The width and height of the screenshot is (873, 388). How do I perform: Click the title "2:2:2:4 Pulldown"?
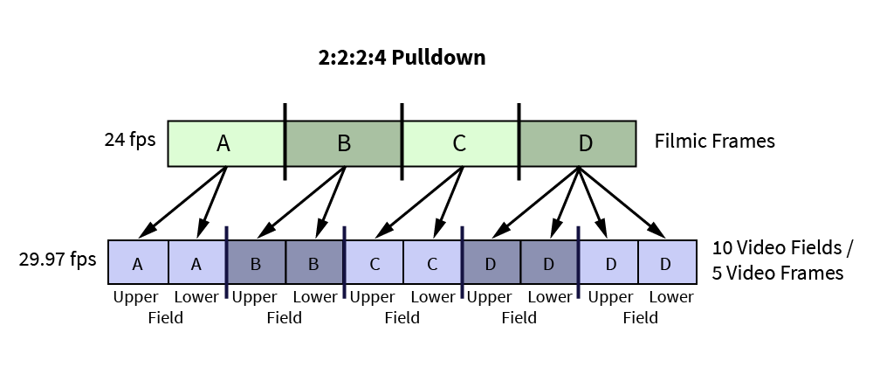402,58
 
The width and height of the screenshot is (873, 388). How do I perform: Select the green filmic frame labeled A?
227,143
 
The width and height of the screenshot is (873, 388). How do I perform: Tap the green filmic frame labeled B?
343,143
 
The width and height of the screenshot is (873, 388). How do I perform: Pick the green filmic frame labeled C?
460,143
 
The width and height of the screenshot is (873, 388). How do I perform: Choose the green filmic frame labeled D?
578,143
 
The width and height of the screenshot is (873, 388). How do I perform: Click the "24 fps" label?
130,139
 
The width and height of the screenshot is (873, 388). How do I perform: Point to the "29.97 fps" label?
58,260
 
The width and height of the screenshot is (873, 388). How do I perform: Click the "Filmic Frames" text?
714,141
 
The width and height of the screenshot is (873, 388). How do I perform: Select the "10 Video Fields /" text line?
782,247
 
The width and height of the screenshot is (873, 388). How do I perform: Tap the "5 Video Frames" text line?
778,273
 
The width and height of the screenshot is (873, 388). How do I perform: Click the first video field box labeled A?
138,262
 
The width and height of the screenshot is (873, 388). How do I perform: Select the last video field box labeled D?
667,262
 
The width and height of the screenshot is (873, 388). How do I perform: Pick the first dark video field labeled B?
256,262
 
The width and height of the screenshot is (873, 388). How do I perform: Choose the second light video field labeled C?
432,262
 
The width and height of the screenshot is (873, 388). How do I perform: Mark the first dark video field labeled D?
491,262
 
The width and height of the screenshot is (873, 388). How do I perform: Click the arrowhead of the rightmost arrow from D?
658,231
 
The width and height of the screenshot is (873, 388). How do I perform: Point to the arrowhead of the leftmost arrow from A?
146,231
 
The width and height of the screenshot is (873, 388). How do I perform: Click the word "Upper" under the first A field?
136,298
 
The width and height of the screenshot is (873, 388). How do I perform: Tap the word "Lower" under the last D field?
671,297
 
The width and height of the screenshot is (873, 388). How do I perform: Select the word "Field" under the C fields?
402,318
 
